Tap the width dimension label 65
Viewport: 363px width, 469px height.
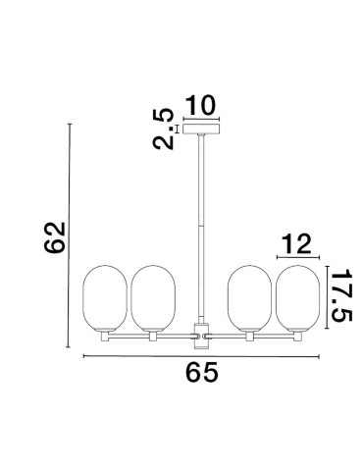pos(200,374)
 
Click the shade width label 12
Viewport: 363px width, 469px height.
pos(296,243)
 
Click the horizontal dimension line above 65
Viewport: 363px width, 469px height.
pos(200,356)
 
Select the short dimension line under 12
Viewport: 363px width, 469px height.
pos(296,258)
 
